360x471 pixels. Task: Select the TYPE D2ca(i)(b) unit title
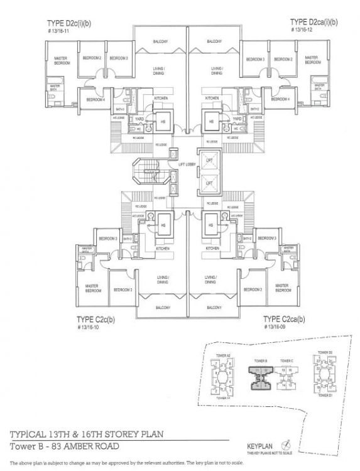[x=314, y=22]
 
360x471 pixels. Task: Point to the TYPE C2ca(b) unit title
[x=284, y=320]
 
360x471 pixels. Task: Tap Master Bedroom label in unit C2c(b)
[x=92, y=288]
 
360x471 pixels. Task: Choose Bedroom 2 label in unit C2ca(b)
[x=253, y=290]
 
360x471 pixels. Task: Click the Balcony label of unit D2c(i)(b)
[x=160, y=42]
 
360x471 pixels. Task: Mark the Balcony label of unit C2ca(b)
[x=214, y=307]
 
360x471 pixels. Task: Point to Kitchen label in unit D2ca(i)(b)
[x=212, y=99]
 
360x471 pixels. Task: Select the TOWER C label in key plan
[x=287, y=361]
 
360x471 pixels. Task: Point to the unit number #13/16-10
[x=89, y=328]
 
